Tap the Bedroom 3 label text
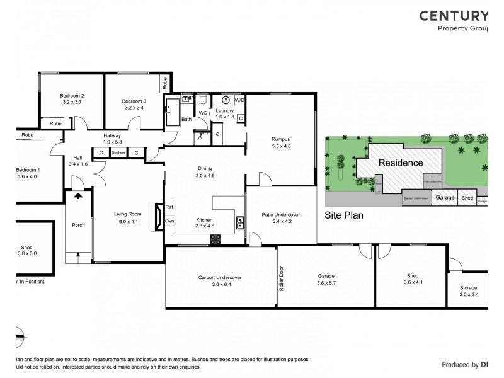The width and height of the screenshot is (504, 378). (134, 101)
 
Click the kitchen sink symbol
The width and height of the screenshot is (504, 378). (240, 221)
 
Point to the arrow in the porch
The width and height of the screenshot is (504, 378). (77, 196)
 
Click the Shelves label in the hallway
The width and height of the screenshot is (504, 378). (118, 152)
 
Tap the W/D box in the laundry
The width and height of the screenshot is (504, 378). (239, 100)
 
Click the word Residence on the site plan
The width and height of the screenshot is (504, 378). (400, 163)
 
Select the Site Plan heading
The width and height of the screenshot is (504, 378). (344, 214)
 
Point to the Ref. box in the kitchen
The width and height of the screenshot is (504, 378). (169, 208)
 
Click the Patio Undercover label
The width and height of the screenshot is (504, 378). (280, 215)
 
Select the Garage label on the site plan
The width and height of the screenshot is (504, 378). (445, 198)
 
